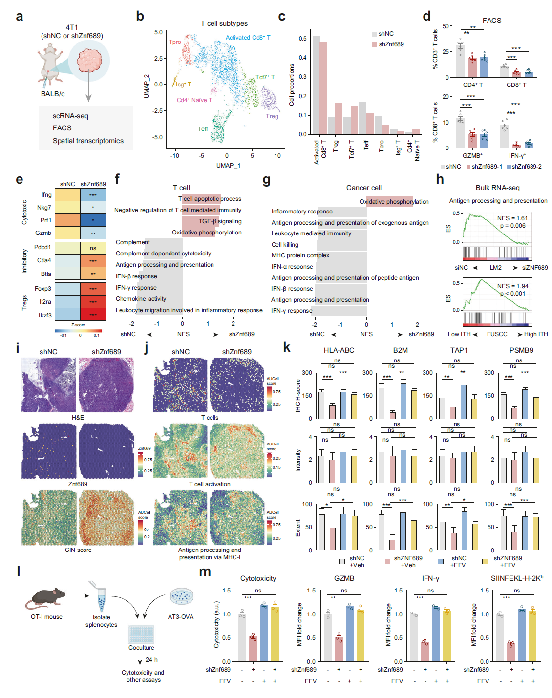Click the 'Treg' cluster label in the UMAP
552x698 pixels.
point(272,116)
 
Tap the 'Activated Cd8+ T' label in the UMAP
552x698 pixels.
point(248,38)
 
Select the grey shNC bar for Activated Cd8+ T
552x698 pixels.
point(316,85)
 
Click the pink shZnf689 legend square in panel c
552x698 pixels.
point(374,44)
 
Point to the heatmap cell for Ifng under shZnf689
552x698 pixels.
point(93,195)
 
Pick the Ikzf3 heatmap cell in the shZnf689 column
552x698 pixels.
point(93,315)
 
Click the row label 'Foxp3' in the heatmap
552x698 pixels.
point(43,289)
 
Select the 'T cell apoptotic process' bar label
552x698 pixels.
point(210,199)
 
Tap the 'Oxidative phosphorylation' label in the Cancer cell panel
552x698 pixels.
point(394,201)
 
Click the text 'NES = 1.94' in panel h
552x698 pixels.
point(512,286)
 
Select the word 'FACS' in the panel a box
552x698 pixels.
point(62,128)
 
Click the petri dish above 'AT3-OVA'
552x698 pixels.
point(181,596)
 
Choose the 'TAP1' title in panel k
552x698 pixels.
point(459,350)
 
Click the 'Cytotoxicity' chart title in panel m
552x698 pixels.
point(258,578)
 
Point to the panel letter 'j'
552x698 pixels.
point(147,347)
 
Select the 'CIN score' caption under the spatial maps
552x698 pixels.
point(78,550)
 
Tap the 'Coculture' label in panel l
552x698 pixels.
point(141,648)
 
